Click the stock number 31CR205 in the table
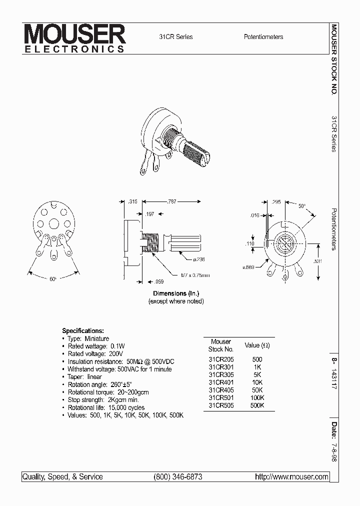(220, 359)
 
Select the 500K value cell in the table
(257, 405)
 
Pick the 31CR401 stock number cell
(220, 382)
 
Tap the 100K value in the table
(257, 397)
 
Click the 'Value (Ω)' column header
(257, 345)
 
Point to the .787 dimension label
(171, 201)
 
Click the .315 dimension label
(133, 201)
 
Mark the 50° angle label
(301, 206)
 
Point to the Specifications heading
(83, 330)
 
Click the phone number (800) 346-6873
(178, 477)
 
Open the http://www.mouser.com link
(291, 477)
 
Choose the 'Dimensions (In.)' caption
(176, 293)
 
